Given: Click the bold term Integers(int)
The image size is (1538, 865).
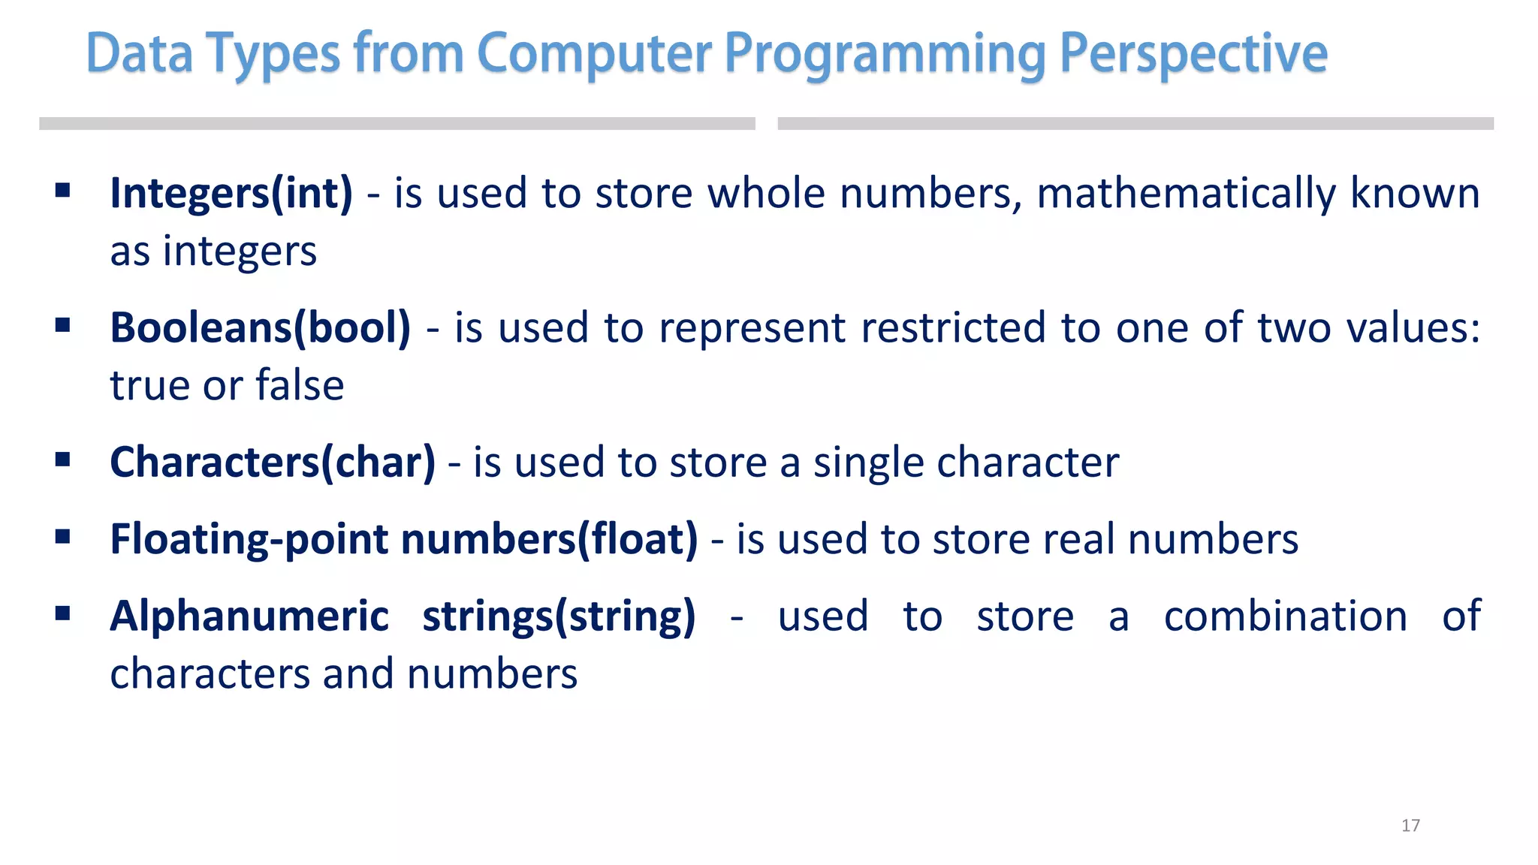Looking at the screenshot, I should [231, 194].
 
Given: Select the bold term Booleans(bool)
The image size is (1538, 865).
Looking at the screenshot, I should [260, 328].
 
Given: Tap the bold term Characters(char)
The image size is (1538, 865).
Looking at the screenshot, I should [272, 463].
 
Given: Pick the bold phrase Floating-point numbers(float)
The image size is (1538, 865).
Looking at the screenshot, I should [403, 540].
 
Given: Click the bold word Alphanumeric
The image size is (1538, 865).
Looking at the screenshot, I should [249, 616].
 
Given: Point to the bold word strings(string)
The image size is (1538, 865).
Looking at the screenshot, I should [559, 616].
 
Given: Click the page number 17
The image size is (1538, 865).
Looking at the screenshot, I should [1410, 825].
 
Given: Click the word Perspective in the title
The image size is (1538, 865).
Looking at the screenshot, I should [1193, 54].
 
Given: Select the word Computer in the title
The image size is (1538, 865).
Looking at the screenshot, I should [593, 54].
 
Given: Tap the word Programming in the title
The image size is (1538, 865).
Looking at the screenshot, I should [885, 56].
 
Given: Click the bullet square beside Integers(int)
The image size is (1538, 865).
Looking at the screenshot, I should [63, 190].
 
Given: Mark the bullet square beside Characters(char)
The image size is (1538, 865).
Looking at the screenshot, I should [63, 459].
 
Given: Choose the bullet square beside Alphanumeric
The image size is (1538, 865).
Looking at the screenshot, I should [63, 614].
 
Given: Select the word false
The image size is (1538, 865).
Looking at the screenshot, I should [300, 386].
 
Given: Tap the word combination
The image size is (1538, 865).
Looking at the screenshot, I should [1285, 616].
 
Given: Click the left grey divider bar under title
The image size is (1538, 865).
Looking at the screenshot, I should [397, 124].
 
